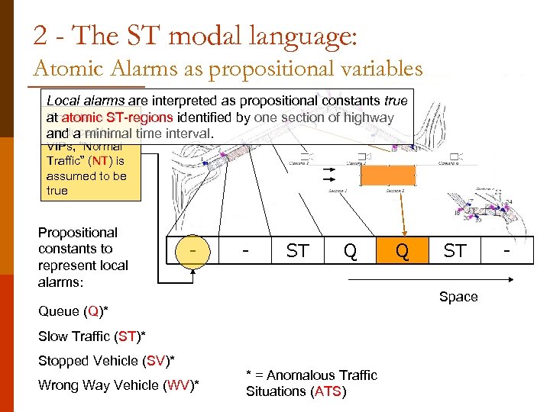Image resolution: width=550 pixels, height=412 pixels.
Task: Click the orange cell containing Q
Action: tap(402, 250)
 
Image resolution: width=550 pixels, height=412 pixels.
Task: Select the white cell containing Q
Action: tap(350, 250)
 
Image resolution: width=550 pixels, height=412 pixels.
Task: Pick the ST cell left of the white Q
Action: tap(297, 250)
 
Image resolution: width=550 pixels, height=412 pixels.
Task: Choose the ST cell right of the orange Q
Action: tap(455, 250)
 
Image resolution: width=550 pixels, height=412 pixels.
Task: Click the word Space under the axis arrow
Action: tap(458, 297)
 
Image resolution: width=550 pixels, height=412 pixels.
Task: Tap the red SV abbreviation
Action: tap(155, 360)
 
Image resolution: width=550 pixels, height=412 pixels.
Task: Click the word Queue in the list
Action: tap(59, 311)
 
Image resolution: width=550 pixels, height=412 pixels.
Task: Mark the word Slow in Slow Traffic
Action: tap(53, 336)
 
